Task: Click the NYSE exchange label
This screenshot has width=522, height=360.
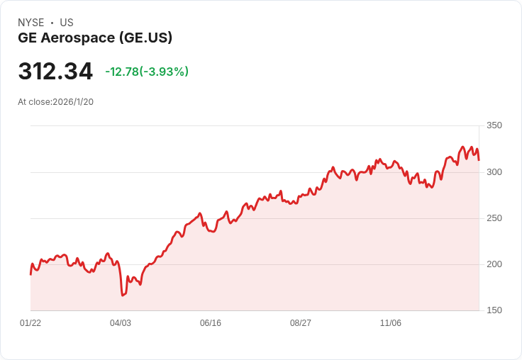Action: pyautogui.click(x=31, y=23)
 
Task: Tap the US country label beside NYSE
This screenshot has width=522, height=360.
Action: pyautogui.click(x=67, y=23)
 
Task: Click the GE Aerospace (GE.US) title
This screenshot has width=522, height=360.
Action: pyautogui.click(x=95, y=38)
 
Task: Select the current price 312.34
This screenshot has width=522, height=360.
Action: pyautogui.click(x=55, y=71)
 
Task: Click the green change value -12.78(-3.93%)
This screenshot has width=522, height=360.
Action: pyautogui.click(x=147, y=72)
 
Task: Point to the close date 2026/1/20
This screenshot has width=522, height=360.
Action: pyautogui.click(x=73, y=102)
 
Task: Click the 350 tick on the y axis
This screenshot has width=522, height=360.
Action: pyautogui.click(x=494, y=125)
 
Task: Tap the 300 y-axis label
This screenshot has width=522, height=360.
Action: pyautogui.click(x=494, y=172)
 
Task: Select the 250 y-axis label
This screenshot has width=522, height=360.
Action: pyautogui.click(x=494, y=218)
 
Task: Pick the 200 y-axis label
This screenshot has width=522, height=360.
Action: pyautogui.click(x=494, y=264)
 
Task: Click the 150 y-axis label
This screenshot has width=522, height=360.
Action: pyautogui.click(x=494, y=310)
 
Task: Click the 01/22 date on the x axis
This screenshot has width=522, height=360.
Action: pyautogui.click(x=30, y=323)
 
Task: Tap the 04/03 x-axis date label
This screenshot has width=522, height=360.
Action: pyautogui.click(x=121, y=323)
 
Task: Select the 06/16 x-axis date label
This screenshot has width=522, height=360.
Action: pyautogui.click(x=211, y=323)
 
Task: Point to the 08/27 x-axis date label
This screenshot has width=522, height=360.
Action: pyautogui.click(x=301, y=323)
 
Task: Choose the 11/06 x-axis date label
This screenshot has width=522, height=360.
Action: pyautogui.click(x=391, y=323)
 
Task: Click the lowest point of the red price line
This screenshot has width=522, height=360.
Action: pyautogui.click(x=123, y=295)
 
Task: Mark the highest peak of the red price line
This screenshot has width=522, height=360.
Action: pyautogui.click(x=462, y=147)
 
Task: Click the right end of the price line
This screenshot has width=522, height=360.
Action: pyautogui.click(x=479, y=160)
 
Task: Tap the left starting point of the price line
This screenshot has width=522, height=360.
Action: pyautogui.click(x=30, y=274)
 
